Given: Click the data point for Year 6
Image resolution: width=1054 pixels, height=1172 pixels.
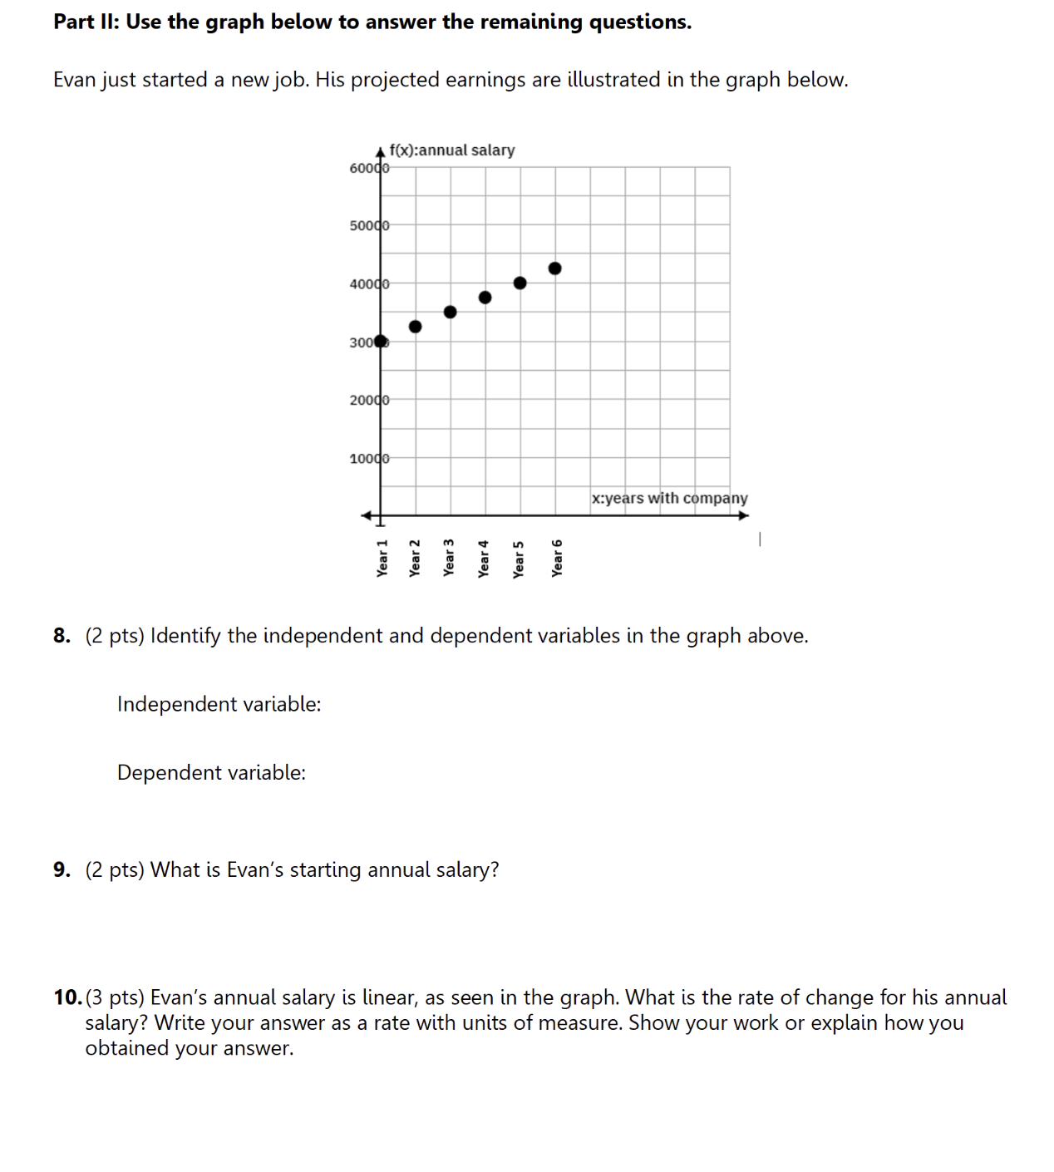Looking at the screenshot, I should (x=554, y=268).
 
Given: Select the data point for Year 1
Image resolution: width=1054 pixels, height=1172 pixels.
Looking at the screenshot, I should (x=381, y=341).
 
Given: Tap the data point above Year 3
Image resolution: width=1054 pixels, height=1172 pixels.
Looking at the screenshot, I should (x=450, y=312).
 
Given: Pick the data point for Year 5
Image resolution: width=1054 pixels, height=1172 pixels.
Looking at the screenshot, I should (x=520, y=283).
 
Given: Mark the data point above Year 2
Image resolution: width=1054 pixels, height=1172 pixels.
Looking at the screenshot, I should (x=415, y=327).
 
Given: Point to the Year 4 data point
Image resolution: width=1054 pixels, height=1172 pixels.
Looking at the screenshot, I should (x=485, y=298).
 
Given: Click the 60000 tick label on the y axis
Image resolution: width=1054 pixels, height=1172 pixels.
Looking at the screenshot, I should (x=369, y=168).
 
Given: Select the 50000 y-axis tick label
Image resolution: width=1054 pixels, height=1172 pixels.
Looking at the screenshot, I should (x=369, y=226).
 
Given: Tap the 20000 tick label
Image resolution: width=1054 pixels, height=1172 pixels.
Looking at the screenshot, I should (x=369, y=401).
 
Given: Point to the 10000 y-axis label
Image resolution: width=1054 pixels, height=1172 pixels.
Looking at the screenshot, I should (x=369, y=459).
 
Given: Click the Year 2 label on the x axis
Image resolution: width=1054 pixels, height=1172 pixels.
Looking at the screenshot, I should (x=415, y=558).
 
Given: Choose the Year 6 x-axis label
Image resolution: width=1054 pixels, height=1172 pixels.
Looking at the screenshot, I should (x=557, y=558).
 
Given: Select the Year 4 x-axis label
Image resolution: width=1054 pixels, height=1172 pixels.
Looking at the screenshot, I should (x=484, y=558).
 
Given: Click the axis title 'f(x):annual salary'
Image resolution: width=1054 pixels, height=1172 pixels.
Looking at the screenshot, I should (x=451, y=150).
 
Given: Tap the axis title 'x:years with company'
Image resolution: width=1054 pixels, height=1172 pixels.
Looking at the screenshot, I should (x=669, y=498).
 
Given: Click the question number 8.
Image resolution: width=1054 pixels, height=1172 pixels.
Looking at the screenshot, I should (x=62, y=636).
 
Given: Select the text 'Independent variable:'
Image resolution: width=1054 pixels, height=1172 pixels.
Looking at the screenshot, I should (x=219, y=704).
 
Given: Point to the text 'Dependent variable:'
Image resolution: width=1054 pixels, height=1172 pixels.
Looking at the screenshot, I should (x=211, y=773).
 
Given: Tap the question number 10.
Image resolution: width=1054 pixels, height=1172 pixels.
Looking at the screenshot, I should (x=67, y=997).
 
